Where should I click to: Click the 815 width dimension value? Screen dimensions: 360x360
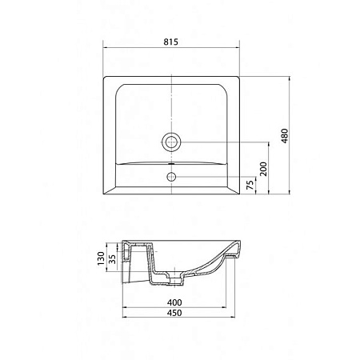pos(170,42)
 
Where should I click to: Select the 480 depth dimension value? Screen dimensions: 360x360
pos(285,136)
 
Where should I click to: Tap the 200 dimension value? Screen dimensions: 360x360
pos(263,169)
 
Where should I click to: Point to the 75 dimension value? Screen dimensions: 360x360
pos(250,185)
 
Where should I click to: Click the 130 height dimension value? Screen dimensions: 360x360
pos(101,258)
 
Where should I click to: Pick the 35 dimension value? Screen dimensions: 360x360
pos(113,259)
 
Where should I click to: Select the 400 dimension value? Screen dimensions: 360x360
pos(174,302)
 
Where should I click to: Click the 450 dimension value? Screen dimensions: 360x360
pos(174,313)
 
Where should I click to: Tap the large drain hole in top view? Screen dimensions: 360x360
pos(171,142)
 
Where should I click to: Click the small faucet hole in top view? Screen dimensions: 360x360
pos(171,176)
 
